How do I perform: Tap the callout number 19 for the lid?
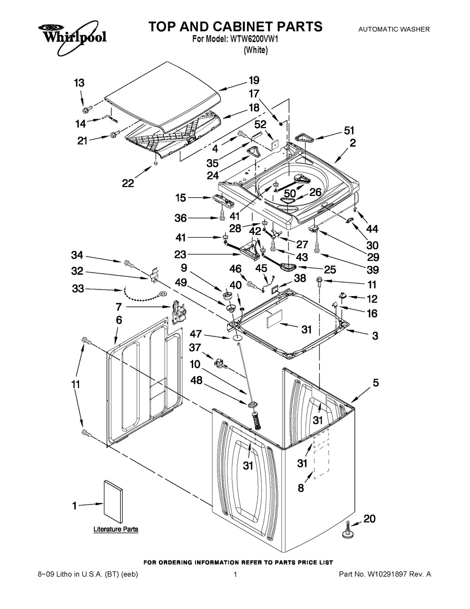[254, 80]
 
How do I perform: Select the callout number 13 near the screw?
[79, 83]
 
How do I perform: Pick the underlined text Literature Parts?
[116, 529]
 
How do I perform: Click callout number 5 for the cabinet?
[376, 383]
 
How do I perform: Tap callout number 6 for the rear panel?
[119, 320]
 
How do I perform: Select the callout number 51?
[349, 130]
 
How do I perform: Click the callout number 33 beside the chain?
[78, 288]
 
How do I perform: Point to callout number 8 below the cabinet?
[301, 488]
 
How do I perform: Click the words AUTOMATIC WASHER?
[394, 29]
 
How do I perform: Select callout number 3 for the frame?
[375, 336]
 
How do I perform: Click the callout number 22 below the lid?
[128, 184]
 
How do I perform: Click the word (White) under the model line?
[255, 50]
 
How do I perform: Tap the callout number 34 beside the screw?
[78, 255]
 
